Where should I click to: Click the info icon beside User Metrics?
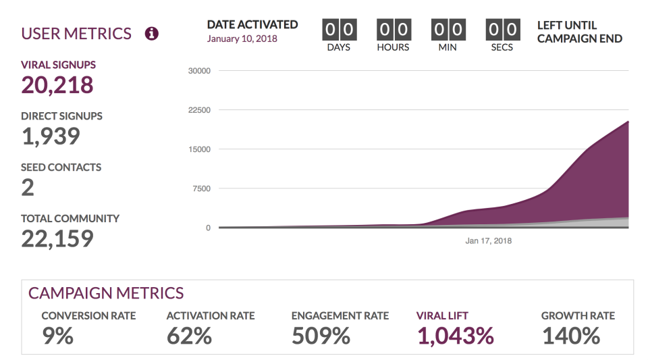coord(152,33)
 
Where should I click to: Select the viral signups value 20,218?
coord(57,84)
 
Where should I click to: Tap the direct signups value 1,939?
coord(51,136)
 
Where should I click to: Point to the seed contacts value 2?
coord(28,187)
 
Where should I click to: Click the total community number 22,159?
coord(57,238)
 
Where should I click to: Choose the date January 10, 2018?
coord(242,38)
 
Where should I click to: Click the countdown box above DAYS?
coord(339,30)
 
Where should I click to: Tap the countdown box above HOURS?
coord(393,30)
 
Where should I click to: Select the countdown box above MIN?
coord(447,30)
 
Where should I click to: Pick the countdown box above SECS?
coord(502,30)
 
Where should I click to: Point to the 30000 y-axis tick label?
coord(199,71)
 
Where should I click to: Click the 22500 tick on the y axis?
coord(199,110)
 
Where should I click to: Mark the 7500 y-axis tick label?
coord(201,188)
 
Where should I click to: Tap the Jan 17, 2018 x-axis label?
coord(489,240)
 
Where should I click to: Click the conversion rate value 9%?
coord(57,336)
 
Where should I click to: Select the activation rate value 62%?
coord(189,336)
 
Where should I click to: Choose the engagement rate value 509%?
coord(321,336)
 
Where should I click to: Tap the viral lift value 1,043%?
coord(455,336)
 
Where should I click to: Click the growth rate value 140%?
coord(570,336)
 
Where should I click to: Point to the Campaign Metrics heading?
coord(105,293)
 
